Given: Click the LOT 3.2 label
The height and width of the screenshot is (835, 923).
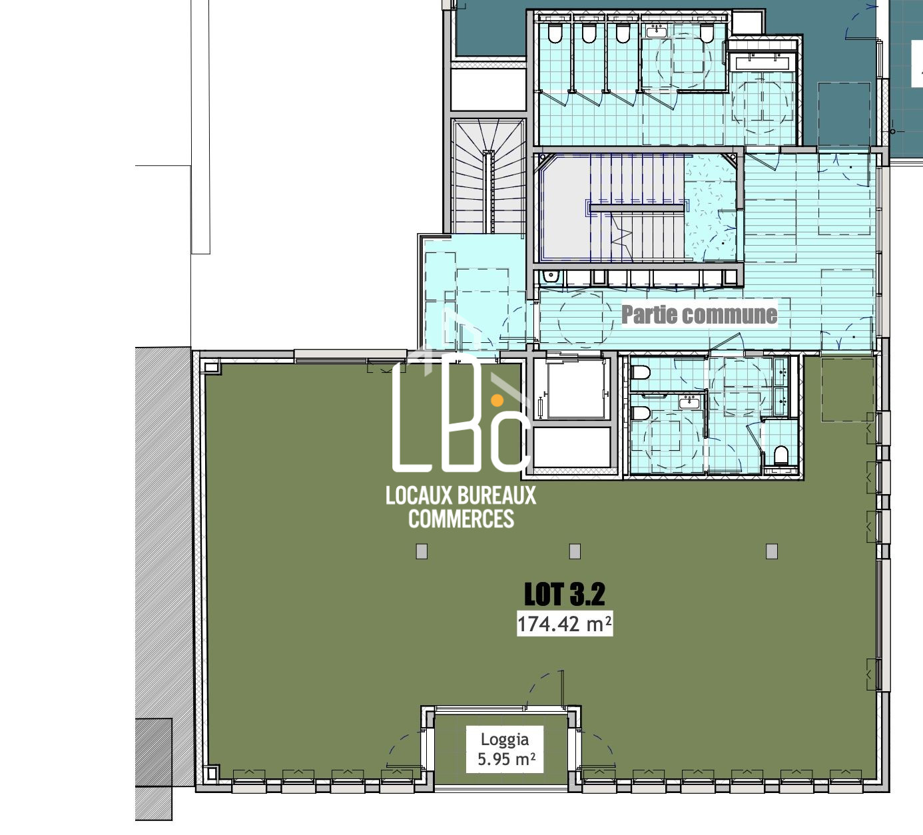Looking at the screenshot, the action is [x=565, y=594].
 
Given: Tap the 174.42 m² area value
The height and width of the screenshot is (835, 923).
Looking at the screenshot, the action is [x=565, y=625].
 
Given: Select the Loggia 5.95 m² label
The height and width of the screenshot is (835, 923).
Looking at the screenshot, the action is [x=505, y=749].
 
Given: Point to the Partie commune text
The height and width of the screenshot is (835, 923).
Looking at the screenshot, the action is [x=699, y=315].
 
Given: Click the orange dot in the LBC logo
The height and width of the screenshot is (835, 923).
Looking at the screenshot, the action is [x=497, y=400].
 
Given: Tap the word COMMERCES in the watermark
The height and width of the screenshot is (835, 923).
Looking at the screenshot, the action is [x=461, y=519].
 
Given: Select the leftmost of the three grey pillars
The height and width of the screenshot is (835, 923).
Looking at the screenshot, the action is [x=422, y=551].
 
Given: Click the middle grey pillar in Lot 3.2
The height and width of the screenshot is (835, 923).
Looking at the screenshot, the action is [x=575, y=551].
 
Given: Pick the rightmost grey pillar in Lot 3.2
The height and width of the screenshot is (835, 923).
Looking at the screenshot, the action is [x=772, y=551].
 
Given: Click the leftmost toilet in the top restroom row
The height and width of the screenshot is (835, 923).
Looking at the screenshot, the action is [x=555, y=33].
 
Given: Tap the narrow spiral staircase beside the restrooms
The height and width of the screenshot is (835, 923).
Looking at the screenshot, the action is [x=488, y=176].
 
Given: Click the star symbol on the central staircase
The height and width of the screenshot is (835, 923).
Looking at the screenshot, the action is [x=621, y=238].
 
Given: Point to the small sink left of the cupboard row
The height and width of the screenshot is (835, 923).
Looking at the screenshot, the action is [x=550, y=276].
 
